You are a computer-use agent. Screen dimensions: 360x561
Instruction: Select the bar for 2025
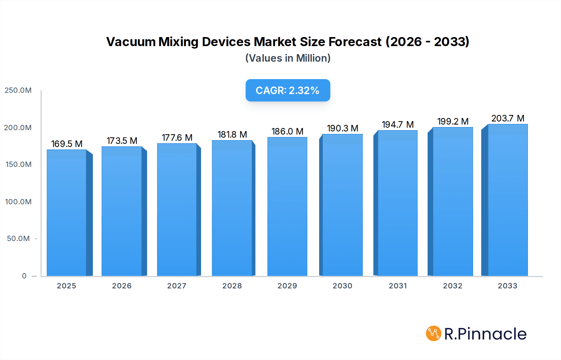(x=67, y=213)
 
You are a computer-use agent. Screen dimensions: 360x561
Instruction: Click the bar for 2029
(x=287, y=207)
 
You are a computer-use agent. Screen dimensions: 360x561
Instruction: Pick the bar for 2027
(x=177, y=210)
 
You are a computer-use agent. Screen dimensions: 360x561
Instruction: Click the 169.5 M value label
(x=67, y=144)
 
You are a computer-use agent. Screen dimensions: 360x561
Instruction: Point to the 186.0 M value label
(x=287, y=131)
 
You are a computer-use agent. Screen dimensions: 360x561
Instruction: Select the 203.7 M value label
(x=508, y=118)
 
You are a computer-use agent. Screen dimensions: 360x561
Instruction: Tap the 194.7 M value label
(x=398, y=125)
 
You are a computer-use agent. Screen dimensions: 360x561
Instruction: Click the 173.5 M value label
(x=122, y=141)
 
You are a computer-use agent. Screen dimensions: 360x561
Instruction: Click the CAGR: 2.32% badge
(x=288, y=90)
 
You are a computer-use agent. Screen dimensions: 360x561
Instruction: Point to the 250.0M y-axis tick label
(x=18, y=90)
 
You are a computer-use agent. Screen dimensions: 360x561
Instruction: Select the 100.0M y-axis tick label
(x=18, y=202)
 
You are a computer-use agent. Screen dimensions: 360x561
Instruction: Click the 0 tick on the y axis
(x=24, y=276)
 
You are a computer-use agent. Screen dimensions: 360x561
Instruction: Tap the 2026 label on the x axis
(x=122, y=286)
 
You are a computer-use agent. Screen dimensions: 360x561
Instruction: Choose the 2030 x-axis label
(x=342, y=286)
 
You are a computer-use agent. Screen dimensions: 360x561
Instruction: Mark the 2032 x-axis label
(x=453, y=286)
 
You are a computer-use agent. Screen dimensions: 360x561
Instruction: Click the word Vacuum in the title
(x=131, y=42)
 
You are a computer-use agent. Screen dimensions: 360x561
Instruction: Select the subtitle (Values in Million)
(x=288, y=58)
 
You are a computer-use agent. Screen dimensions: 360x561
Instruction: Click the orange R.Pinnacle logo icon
(x=434, y=334)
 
